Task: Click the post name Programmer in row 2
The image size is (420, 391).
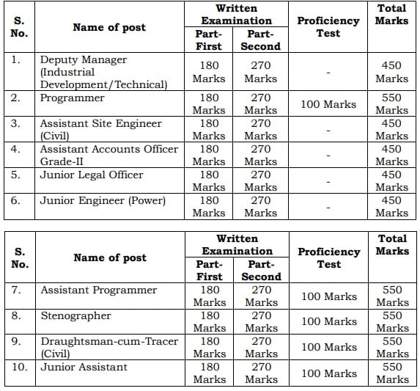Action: click(72, 98)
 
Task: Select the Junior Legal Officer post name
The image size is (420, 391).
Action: click(92, 175)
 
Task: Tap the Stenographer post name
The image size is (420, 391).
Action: click(75, 315)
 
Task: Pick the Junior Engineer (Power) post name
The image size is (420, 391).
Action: click(103, 200)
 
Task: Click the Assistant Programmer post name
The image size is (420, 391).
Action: click(98, 290)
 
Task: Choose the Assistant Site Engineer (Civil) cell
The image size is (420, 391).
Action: click(100, 130)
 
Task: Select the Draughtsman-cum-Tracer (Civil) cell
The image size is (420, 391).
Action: click(98, 347)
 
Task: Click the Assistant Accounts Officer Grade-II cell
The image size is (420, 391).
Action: click(108, 156)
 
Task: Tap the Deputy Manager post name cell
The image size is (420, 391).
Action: click(103, 72)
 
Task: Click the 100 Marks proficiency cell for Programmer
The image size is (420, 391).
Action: click(329, 104)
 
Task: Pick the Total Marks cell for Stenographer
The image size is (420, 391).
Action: click(391, 321)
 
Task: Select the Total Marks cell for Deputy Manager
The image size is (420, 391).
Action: click(391, 72)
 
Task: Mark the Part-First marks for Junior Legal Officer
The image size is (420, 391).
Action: click(209, 181)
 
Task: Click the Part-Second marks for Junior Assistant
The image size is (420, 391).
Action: click(261, 373)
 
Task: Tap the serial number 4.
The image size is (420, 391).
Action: click(16, 149)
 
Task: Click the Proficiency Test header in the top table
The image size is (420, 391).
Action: click(328, 27)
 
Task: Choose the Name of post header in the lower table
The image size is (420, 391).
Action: click(109, 257)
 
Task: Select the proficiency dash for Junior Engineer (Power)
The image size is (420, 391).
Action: click(328, 207)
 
